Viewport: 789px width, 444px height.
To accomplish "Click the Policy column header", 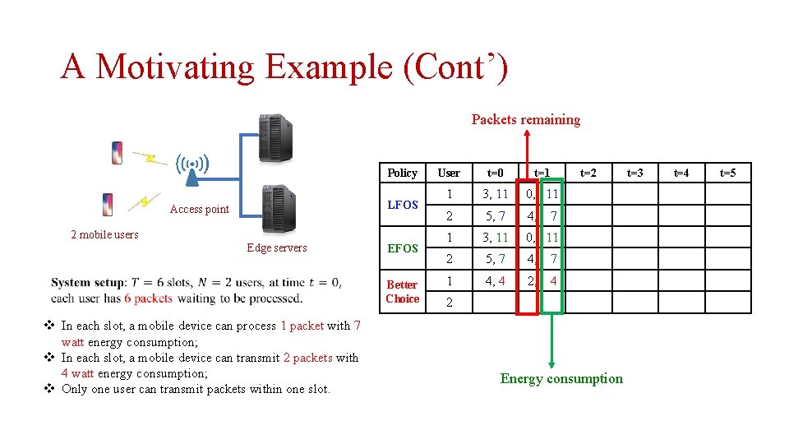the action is click(402, 173).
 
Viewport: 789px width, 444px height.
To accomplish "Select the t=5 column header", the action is click(727, 173).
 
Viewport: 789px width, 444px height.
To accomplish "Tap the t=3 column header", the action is click(634, 173).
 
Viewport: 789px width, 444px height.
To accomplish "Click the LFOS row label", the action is click(402, 205).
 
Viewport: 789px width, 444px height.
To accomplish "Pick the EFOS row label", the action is click(402, 247).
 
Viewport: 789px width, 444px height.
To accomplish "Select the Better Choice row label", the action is click(402, 292).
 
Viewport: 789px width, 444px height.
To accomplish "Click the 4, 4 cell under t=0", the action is click(495, 280).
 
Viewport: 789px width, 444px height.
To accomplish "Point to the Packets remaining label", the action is click(525, 119).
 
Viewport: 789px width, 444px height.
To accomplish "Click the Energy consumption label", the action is click(561, 378).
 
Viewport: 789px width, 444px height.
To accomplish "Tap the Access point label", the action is click(199, 209).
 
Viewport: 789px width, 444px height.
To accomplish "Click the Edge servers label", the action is click(276, 247).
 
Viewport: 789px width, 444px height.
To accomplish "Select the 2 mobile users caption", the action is click(104, 234).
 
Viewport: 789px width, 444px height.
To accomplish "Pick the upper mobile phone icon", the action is click(118, 153).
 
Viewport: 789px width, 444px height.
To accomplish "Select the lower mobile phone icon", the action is click(107, 205).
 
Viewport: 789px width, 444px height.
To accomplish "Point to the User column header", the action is click(449, 173).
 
